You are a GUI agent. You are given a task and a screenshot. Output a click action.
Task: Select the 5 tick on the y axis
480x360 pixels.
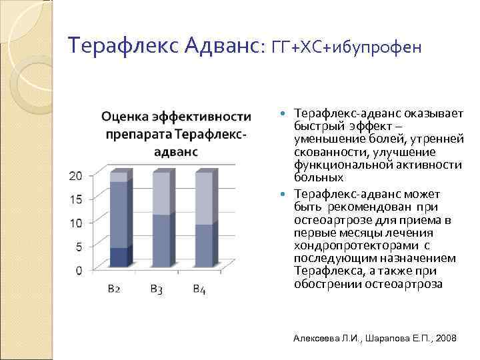pos(79,247)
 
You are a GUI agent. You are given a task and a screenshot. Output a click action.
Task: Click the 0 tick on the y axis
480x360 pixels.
pos(79,270)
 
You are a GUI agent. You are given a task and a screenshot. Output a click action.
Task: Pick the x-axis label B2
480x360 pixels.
pos(114,289)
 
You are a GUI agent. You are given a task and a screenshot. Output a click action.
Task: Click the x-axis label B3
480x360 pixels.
pos(157,289)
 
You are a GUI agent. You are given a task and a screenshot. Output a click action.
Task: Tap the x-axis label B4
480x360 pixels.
pos(199,289)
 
